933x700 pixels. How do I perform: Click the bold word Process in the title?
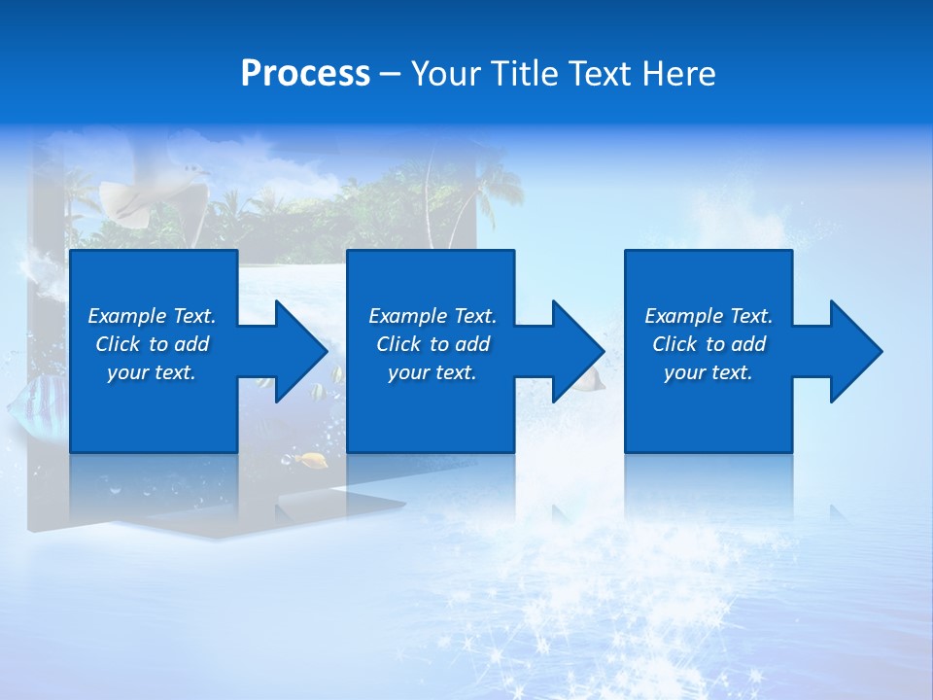305,73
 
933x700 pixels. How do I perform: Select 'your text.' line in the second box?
432,372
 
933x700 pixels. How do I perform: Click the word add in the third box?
748,344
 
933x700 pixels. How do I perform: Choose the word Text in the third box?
751,316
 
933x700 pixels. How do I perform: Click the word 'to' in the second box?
440,344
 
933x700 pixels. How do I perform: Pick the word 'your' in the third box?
684,372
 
